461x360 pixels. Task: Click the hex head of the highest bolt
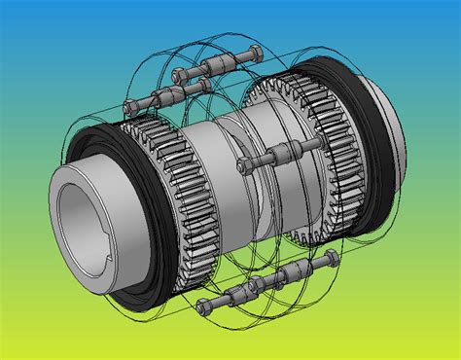[x=179, y=76]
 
